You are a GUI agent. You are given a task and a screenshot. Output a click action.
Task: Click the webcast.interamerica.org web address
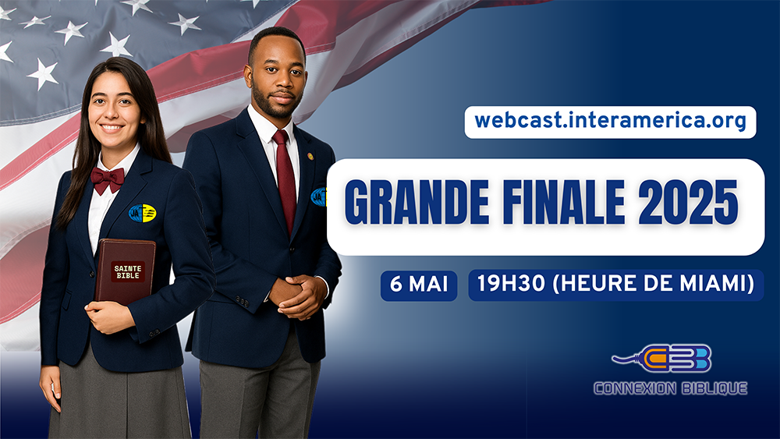[x=611, y=122]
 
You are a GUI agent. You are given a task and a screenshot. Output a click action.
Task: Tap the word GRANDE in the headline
[x=417, y=203]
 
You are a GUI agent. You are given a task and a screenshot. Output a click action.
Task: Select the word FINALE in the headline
[x=564, y=203]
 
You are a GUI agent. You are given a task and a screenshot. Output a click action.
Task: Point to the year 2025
[x=688, y=203]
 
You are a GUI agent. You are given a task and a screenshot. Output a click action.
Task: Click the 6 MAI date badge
[x=419, y=285]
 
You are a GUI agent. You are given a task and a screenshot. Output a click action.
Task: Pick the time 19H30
[x=512, y=284]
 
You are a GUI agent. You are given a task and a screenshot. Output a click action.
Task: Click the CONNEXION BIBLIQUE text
[x=670, y=388]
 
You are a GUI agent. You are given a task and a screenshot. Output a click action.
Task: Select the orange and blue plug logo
[x=662, y=358]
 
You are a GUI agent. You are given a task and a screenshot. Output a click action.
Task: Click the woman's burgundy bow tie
[x=108, y=179]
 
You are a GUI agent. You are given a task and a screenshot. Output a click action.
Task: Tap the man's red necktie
[x=286, y=179]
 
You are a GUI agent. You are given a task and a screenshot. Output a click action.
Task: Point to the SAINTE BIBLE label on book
[x=128, y=271]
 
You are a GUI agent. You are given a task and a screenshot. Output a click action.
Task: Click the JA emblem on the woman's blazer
[x=142, y=214]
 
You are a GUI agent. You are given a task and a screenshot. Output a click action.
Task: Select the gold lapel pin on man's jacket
[x=310, y=156]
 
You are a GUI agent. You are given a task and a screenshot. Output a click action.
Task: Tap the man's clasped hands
[x=297, y=296]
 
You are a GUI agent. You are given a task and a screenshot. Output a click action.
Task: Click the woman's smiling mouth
[x=112, y=128]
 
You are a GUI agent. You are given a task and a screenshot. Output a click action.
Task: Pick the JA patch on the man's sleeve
[x=319, y=196]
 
